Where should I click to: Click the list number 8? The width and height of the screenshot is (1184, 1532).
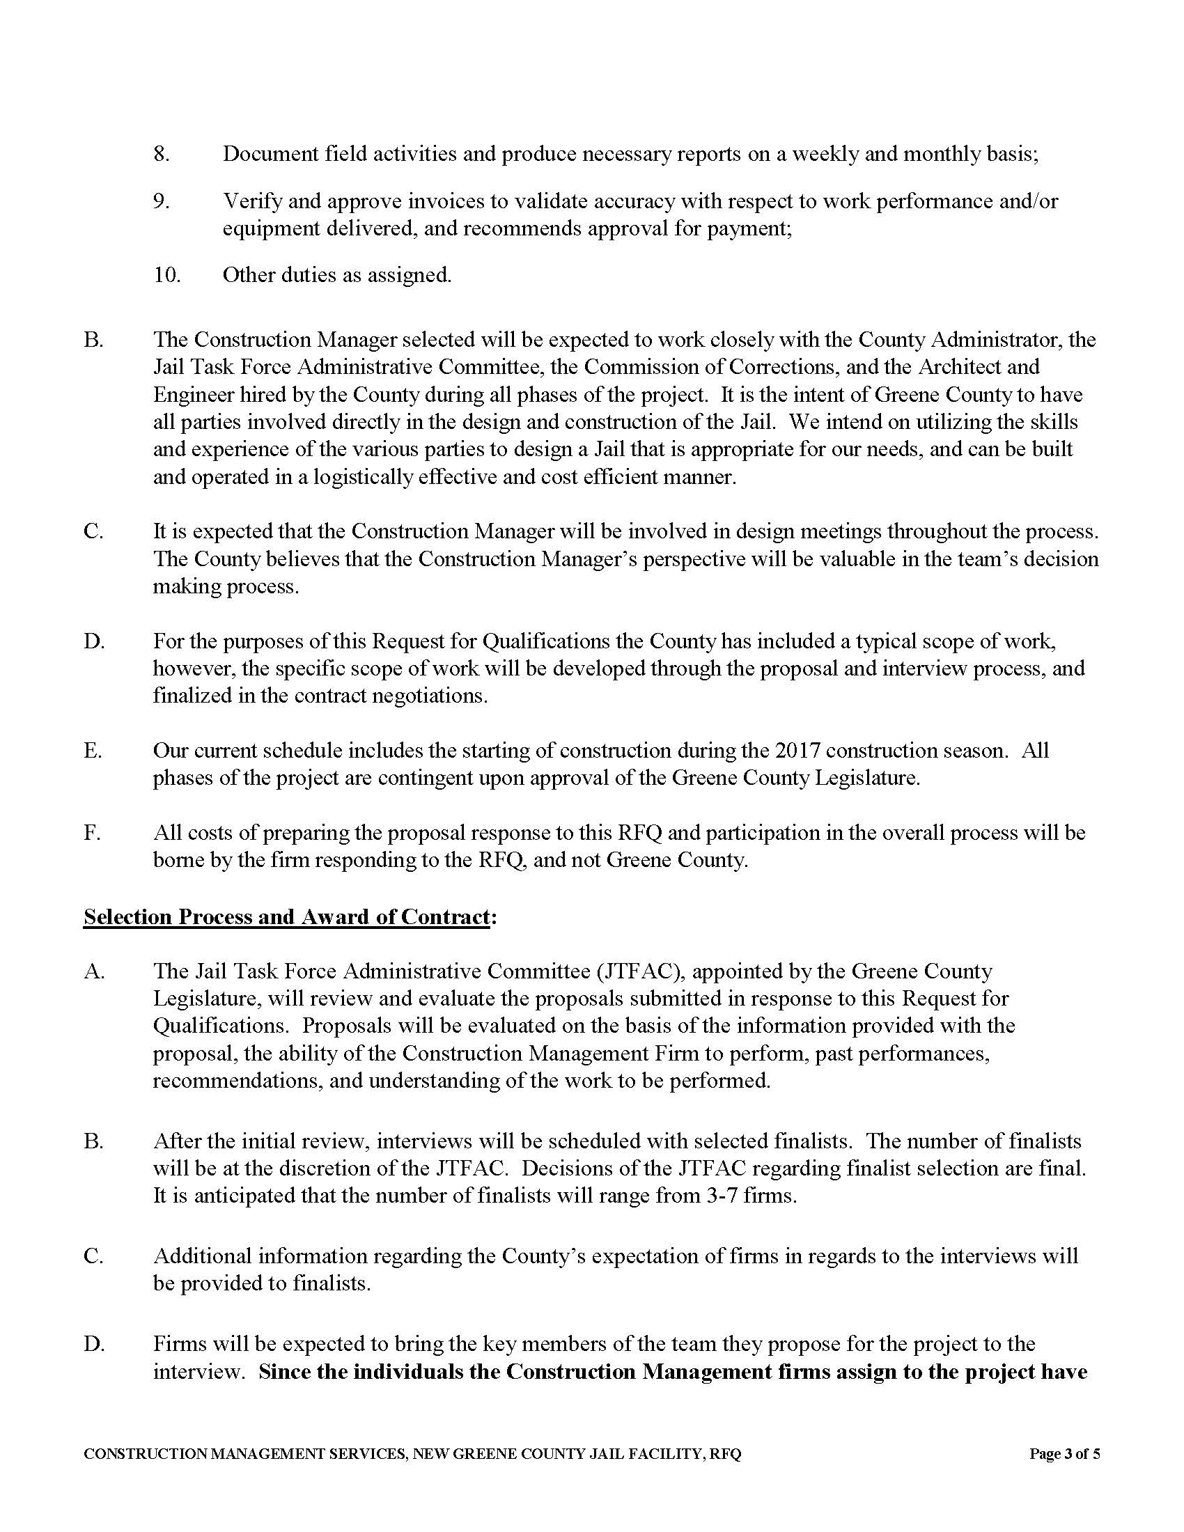(162, 155)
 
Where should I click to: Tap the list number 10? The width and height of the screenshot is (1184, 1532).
(167, 275)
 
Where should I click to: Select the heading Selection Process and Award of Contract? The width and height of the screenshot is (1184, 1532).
(286, 917)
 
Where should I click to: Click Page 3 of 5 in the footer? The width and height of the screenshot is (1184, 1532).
(1064, 1454)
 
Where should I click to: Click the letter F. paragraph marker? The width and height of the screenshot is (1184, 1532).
(92, 834)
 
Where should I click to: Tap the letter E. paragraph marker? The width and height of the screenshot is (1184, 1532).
(93, 751)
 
